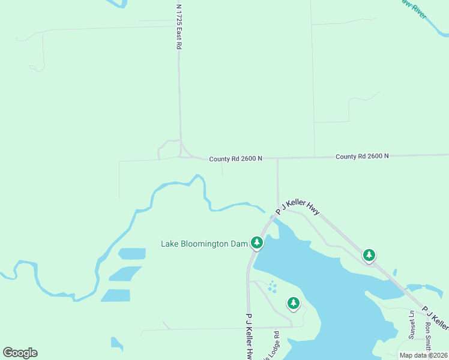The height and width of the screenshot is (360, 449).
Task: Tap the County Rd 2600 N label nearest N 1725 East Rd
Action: (235, 159)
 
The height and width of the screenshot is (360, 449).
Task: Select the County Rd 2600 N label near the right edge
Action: (362, 156)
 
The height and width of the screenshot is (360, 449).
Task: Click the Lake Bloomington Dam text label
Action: (204, 244)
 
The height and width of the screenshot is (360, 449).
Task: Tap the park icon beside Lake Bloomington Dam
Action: (257, 242)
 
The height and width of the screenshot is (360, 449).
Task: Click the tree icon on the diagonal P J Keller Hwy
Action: (369, 255)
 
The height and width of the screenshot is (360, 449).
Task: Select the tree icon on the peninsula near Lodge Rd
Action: (293, 303)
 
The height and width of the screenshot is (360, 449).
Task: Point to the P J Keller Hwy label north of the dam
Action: (298, 207)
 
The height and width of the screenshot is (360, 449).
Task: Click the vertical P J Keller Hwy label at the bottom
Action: (249, 336)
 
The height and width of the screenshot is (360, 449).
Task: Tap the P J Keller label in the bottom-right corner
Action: (435, 318)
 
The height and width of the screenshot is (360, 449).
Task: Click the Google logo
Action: (20, 353)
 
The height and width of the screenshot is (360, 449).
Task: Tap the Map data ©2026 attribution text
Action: (423, 355)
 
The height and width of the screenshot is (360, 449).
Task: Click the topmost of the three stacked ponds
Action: (132, 253)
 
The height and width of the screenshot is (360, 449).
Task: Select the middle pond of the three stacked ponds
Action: (126, 274)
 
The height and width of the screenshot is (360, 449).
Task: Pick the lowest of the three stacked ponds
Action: (116, 295)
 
